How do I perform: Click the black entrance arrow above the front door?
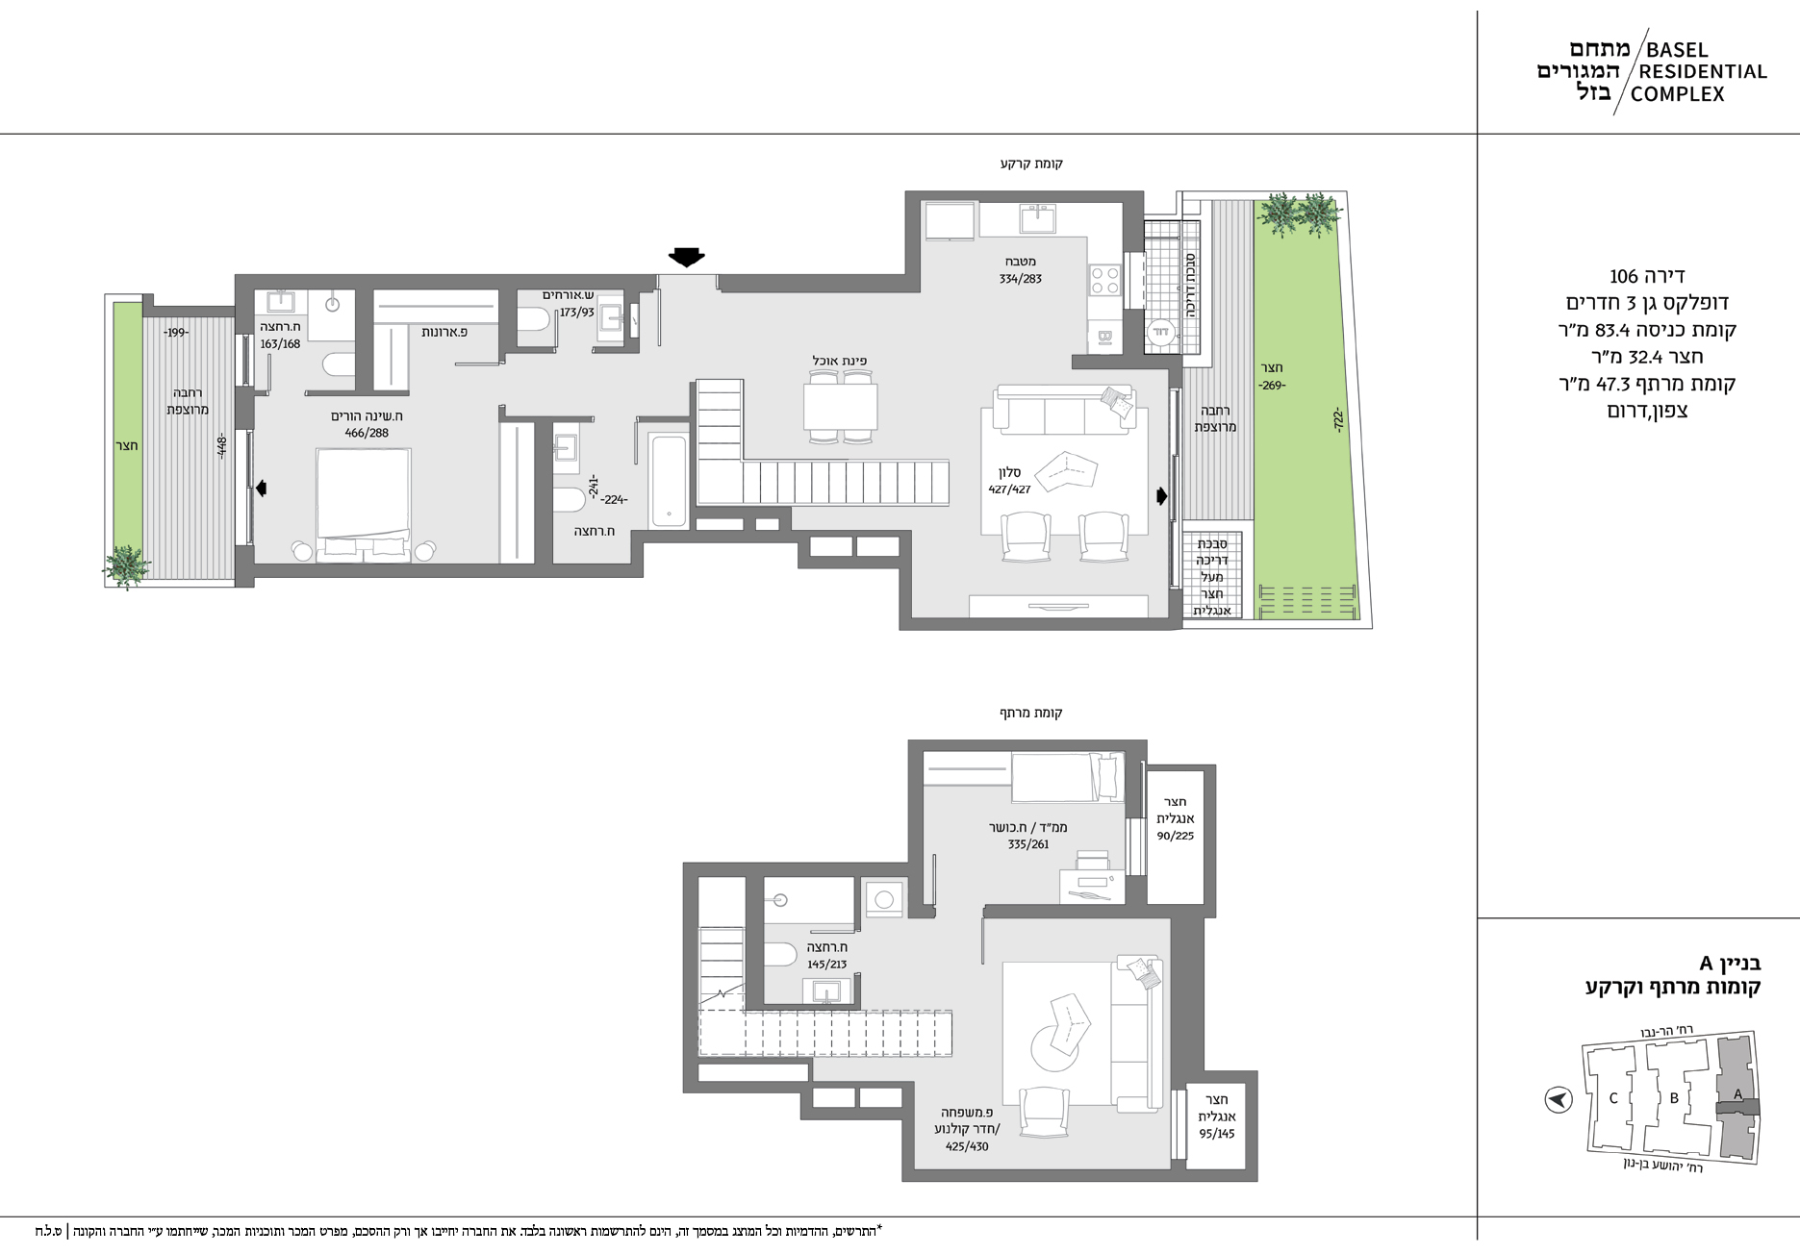coord(687,256)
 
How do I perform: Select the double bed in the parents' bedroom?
coord(364,505)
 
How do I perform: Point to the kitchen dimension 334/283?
coord(1020,279)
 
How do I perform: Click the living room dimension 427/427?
coord(1009,489)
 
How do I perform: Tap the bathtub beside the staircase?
coord(669,480)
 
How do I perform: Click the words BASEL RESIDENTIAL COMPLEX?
coord(1698,72)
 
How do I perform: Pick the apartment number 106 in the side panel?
coord(1624,276)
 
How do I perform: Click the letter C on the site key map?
coord(1613,1098)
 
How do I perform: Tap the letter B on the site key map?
coord(1674,1098)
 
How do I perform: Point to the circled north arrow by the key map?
coord(1558,1098)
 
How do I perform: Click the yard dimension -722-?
coord(1338,420)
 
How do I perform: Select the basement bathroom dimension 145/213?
coord(827,965)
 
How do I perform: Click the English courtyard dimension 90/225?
coord(1175,836)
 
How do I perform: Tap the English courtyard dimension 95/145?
coord(1216,1133)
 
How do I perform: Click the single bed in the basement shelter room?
coord(1067,777)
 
